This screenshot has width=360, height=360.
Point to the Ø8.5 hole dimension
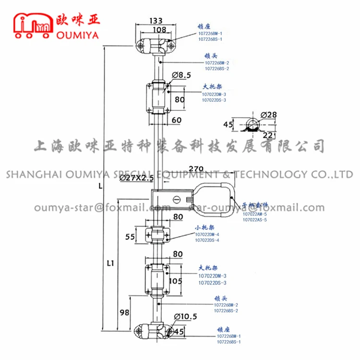180,75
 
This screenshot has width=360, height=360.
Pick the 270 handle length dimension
196,169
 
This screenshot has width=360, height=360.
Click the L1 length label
110,263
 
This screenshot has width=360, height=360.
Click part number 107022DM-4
207,234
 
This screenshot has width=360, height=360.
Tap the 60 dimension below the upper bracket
176,120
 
